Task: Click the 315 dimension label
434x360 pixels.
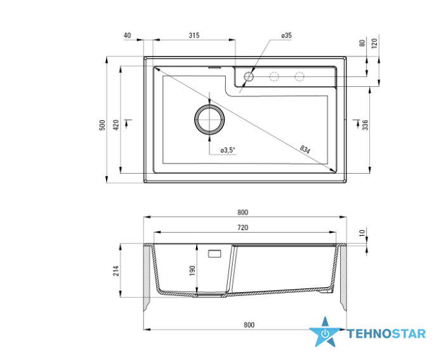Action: (x=194, y=35)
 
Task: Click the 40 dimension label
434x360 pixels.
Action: (x=128, y=35)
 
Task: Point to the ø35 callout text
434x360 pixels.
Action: (x=286, y=35)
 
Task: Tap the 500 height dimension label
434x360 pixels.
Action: (x=102, y=125)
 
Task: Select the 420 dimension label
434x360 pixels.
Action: (x=116, y=125)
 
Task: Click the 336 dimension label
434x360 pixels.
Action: (x=365, y=125)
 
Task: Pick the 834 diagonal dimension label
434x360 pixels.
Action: (x=305, y=150)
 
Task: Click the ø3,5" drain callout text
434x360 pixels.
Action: (x=228, y=150)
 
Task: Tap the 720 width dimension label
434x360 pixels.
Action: (x=243, y=228)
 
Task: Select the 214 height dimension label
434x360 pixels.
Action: (x=115, y=271)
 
